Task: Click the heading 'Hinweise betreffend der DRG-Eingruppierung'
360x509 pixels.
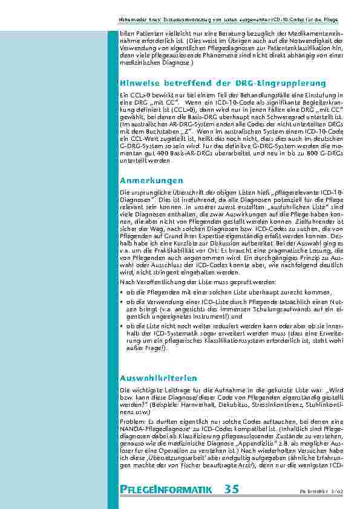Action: click(223, 83)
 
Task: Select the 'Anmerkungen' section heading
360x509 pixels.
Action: click(151, 180)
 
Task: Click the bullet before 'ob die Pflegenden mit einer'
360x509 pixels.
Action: click(123, 291)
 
